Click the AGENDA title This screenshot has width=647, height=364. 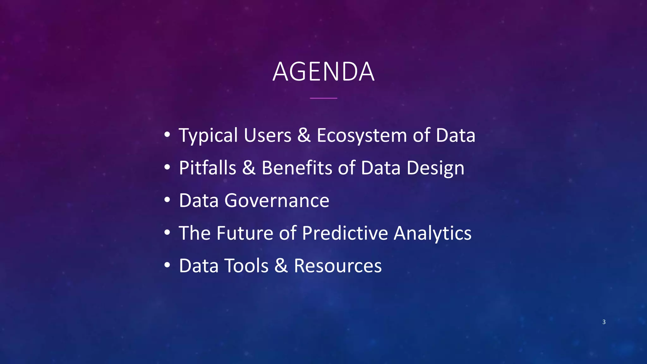(x=323, y=72)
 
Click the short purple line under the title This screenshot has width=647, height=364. (x=323, y=98)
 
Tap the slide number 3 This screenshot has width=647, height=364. (x=604, y=322)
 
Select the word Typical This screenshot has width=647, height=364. (x=208, y=136)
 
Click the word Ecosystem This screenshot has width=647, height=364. (x=362, y=136)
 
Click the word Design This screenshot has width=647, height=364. (x=435, y=168)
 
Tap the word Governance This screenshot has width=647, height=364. (x=277, y=201)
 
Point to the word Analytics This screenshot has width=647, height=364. (x=432, y=234)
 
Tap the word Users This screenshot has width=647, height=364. (x=267, y=136)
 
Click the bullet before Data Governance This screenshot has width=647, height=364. (x=167, y=200)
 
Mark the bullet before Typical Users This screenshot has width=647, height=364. (x=167, y=135)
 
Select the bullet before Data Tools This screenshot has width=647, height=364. (x=167, y=265)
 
